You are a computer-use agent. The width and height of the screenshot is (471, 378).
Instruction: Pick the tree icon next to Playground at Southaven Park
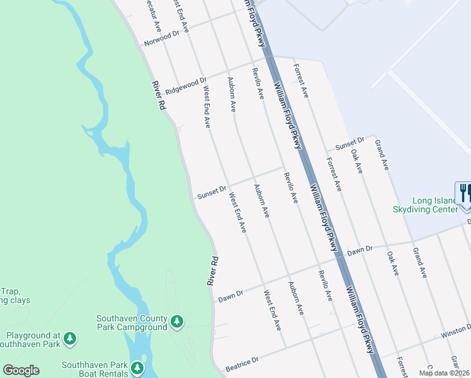(x=70, y=340)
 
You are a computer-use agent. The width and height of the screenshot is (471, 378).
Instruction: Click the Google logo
(x=21, y=370)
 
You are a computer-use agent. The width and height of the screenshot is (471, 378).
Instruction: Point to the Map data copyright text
(x=445, y=373)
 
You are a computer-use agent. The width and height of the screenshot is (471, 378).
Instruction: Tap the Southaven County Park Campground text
(x=132, y=323)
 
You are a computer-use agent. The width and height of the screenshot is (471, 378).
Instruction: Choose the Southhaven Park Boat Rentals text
(x=96, y=369)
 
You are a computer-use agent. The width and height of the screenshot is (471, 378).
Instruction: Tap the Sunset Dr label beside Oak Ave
(x=349, y=144)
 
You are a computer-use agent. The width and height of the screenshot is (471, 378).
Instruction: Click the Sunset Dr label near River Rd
(x=212, y=192)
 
